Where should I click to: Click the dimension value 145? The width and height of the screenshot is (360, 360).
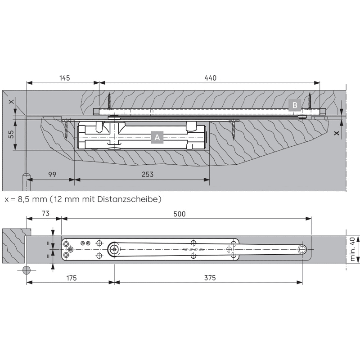[64, 78]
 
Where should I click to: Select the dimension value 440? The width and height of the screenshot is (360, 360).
[210, 78]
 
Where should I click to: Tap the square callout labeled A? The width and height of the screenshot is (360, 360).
[157, 137]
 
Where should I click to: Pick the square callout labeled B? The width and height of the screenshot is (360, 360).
[295, 105]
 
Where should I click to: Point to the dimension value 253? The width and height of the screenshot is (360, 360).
[148, 175]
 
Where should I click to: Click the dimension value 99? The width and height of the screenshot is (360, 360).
[52, 175]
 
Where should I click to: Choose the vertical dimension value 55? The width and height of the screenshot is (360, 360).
[11, 134]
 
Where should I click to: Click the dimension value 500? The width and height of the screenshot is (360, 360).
[179, 214]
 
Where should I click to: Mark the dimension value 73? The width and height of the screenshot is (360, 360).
[46, 213]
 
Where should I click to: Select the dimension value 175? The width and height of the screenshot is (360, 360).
[72, 278]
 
